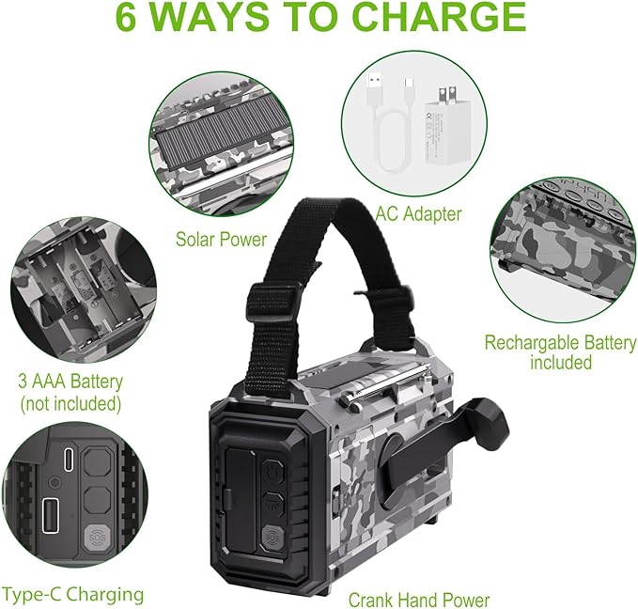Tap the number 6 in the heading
click(125, 16)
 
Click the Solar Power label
click(221, 240)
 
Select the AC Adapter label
click(418, 214)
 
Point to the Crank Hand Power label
click(419, 600)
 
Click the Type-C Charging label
click(73, 595)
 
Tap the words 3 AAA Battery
click(70, 382)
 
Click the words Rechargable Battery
click(560, 343)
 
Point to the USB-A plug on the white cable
click(374, 86)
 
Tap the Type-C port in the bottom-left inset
click(69, 460)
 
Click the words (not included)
click(70, 404)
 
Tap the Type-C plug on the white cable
click(409, 86)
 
